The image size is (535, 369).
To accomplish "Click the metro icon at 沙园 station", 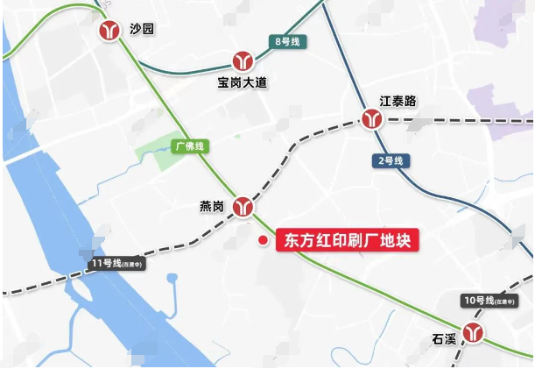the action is [111, 31].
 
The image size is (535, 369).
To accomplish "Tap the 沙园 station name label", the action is [141, 30].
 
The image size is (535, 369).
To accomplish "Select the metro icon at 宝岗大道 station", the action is [243, 61].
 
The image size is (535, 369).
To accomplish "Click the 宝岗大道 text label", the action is [243, 83].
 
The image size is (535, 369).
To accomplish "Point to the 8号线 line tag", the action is [287, 41].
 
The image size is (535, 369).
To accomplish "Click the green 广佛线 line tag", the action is [188, 146].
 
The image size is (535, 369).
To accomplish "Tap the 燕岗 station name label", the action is [212, 207].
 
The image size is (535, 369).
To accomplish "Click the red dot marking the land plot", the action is [261, 240].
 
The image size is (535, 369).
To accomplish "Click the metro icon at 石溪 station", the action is [474, 332].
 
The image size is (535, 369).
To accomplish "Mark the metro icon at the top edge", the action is [108, 4].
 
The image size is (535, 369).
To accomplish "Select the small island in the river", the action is [84, 287].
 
